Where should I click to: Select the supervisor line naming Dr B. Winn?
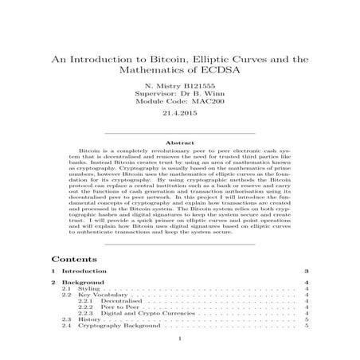[x=180, y=96]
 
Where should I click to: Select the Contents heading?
[x=75, y=260]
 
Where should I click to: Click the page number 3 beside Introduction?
[x=307, y=272]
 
